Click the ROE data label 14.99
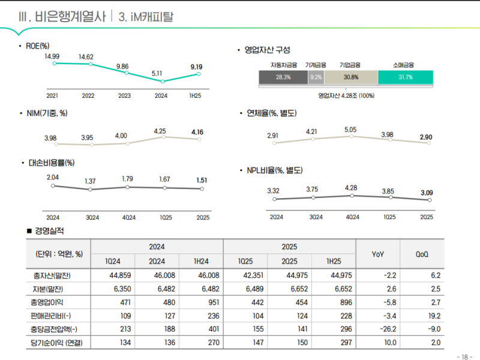52,56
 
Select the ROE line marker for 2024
163,81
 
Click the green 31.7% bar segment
406,77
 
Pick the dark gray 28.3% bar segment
283,77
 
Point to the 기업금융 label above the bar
350,65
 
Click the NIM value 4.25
160,131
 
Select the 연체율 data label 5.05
351,130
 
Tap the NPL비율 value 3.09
427,193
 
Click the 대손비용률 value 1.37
90,181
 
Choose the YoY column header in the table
378,254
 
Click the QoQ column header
422,254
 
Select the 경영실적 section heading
49,231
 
